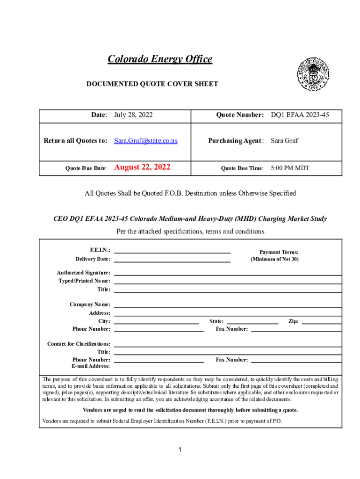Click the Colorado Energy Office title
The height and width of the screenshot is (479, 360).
(x=160, y=59)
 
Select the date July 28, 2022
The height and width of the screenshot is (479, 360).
(x=133, y=115)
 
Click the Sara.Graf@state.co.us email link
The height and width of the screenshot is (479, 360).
(x=146, y=141)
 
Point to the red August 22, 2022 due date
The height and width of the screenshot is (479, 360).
(x=142, y=167)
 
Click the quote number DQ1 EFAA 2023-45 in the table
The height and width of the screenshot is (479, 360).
(x=300, y=115)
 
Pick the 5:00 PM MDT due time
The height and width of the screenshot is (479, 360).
(x=290, y=168)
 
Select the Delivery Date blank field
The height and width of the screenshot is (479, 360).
(x=172, y=260)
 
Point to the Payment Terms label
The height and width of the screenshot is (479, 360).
(x=279, y=252)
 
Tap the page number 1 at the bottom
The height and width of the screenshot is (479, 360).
(x=180, y=450)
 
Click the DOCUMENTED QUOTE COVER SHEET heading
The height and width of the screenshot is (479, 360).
(x=152, y=84)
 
